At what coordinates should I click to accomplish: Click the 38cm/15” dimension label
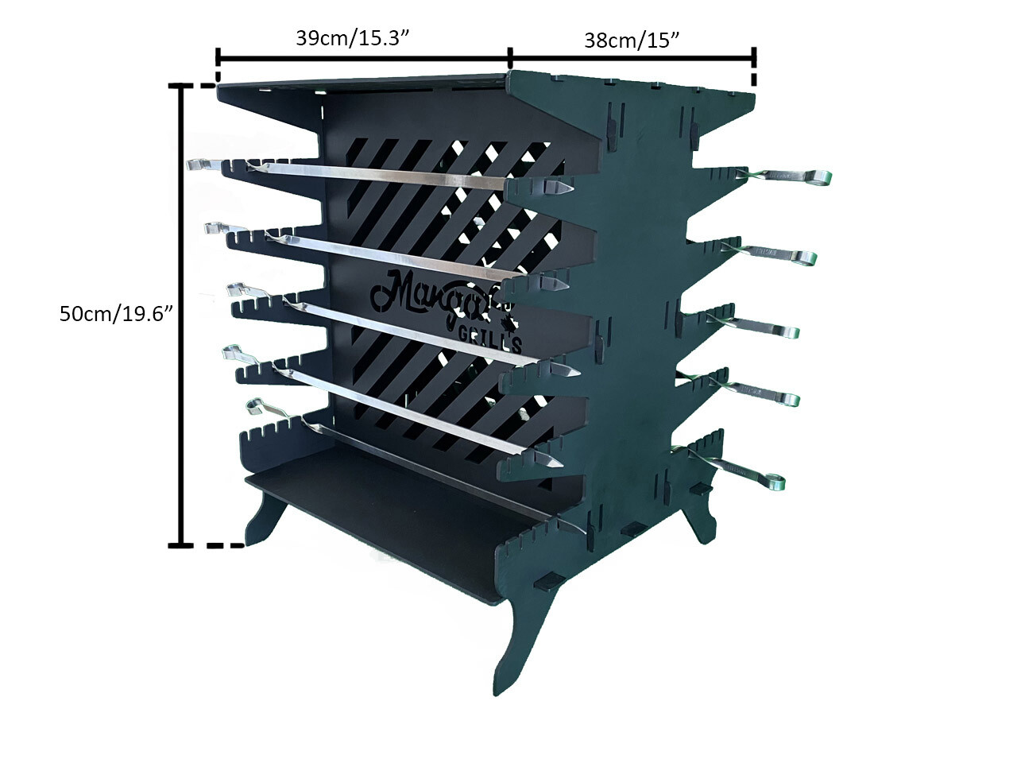(632, 40)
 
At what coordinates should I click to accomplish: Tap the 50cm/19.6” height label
(116, 313)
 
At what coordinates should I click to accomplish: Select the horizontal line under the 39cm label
(362, 58)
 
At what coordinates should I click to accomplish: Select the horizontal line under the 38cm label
(632, 57)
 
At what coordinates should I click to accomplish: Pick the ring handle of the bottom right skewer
(771, 480)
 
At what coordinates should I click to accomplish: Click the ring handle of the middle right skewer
(787, 331)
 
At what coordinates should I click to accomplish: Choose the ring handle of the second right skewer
(802, 257)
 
